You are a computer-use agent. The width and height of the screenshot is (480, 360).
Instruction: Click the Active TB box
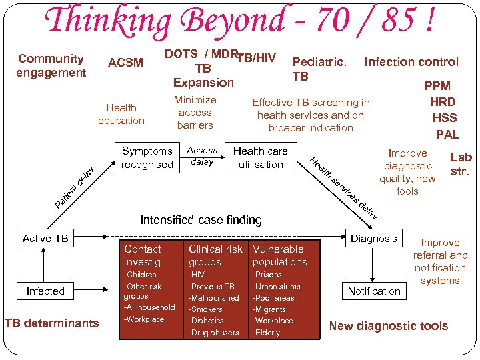(x=45, y=239)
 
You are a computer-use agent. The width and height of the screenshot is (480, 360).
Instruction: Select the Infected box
(x=45, y=291)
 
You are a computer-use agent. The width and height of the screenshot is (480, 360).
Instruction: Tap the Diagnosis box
(x=374, y=239)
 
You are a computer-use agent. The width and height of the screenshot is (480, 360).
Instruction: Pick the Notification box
(x=374, y=291)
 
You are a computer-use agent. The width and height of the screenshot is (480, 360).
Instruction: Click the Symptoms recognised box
(x=147, y=158)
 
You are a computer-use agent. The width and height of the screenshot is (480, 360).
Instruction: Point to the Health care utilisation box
(x=261, y=158)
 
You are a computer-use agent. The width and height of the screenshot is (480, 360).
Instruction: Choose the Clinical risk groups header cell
(x=215, y=255)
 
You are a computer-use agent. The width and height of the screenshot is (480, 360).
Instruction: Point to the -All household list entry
(x=149, y=307)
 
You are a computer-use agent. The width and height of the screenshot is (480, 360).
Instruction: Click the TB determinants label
(x=51, y=323)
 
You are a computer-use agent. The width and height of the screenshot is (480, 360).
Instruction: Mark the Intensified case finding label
(x=201, y=219)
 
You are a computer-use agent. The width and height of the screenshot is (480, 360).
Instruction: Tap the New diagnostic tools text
(x=389, y=326)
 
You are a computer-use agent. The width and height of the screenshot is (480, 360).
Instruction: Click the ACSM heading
(x=125, y=63)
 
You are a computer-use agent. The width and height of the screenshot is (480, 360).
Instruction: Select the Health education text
(x=121, y=114)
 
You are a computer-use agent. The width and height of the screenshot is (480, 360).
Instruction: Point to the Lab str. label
(x=461, y=164)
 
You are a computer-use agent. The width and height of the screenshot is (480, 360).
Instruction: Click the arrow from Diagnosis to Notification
(x=374, y=264)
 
